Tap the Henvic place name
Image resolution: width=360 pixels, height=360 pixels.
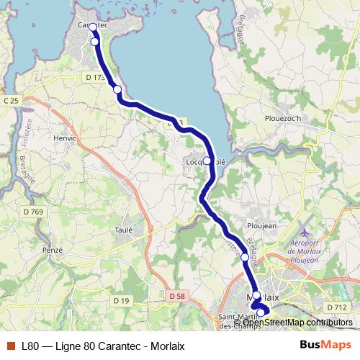pos(55,136)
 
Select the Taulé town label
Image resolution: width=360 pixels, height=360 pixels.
pos(123,230)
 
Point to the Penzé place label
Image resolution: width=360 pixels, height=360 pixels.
pos(53,249)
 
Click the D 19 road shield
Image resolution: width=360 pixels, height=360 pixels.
pos(120,300)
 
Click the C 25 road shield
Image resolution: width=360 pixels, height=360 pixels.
pos(11,100)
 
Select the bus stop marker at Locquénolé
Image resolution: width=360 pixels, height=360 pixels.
pos(207,161)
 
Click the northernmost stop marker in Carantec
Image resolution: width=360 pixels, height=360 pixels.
pos(93,27)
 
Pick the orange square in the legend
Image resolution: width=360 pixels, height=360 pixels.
pos(9,346)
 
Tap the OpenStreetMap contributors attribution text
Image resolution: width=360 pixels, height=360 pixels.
pos(297,323)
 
